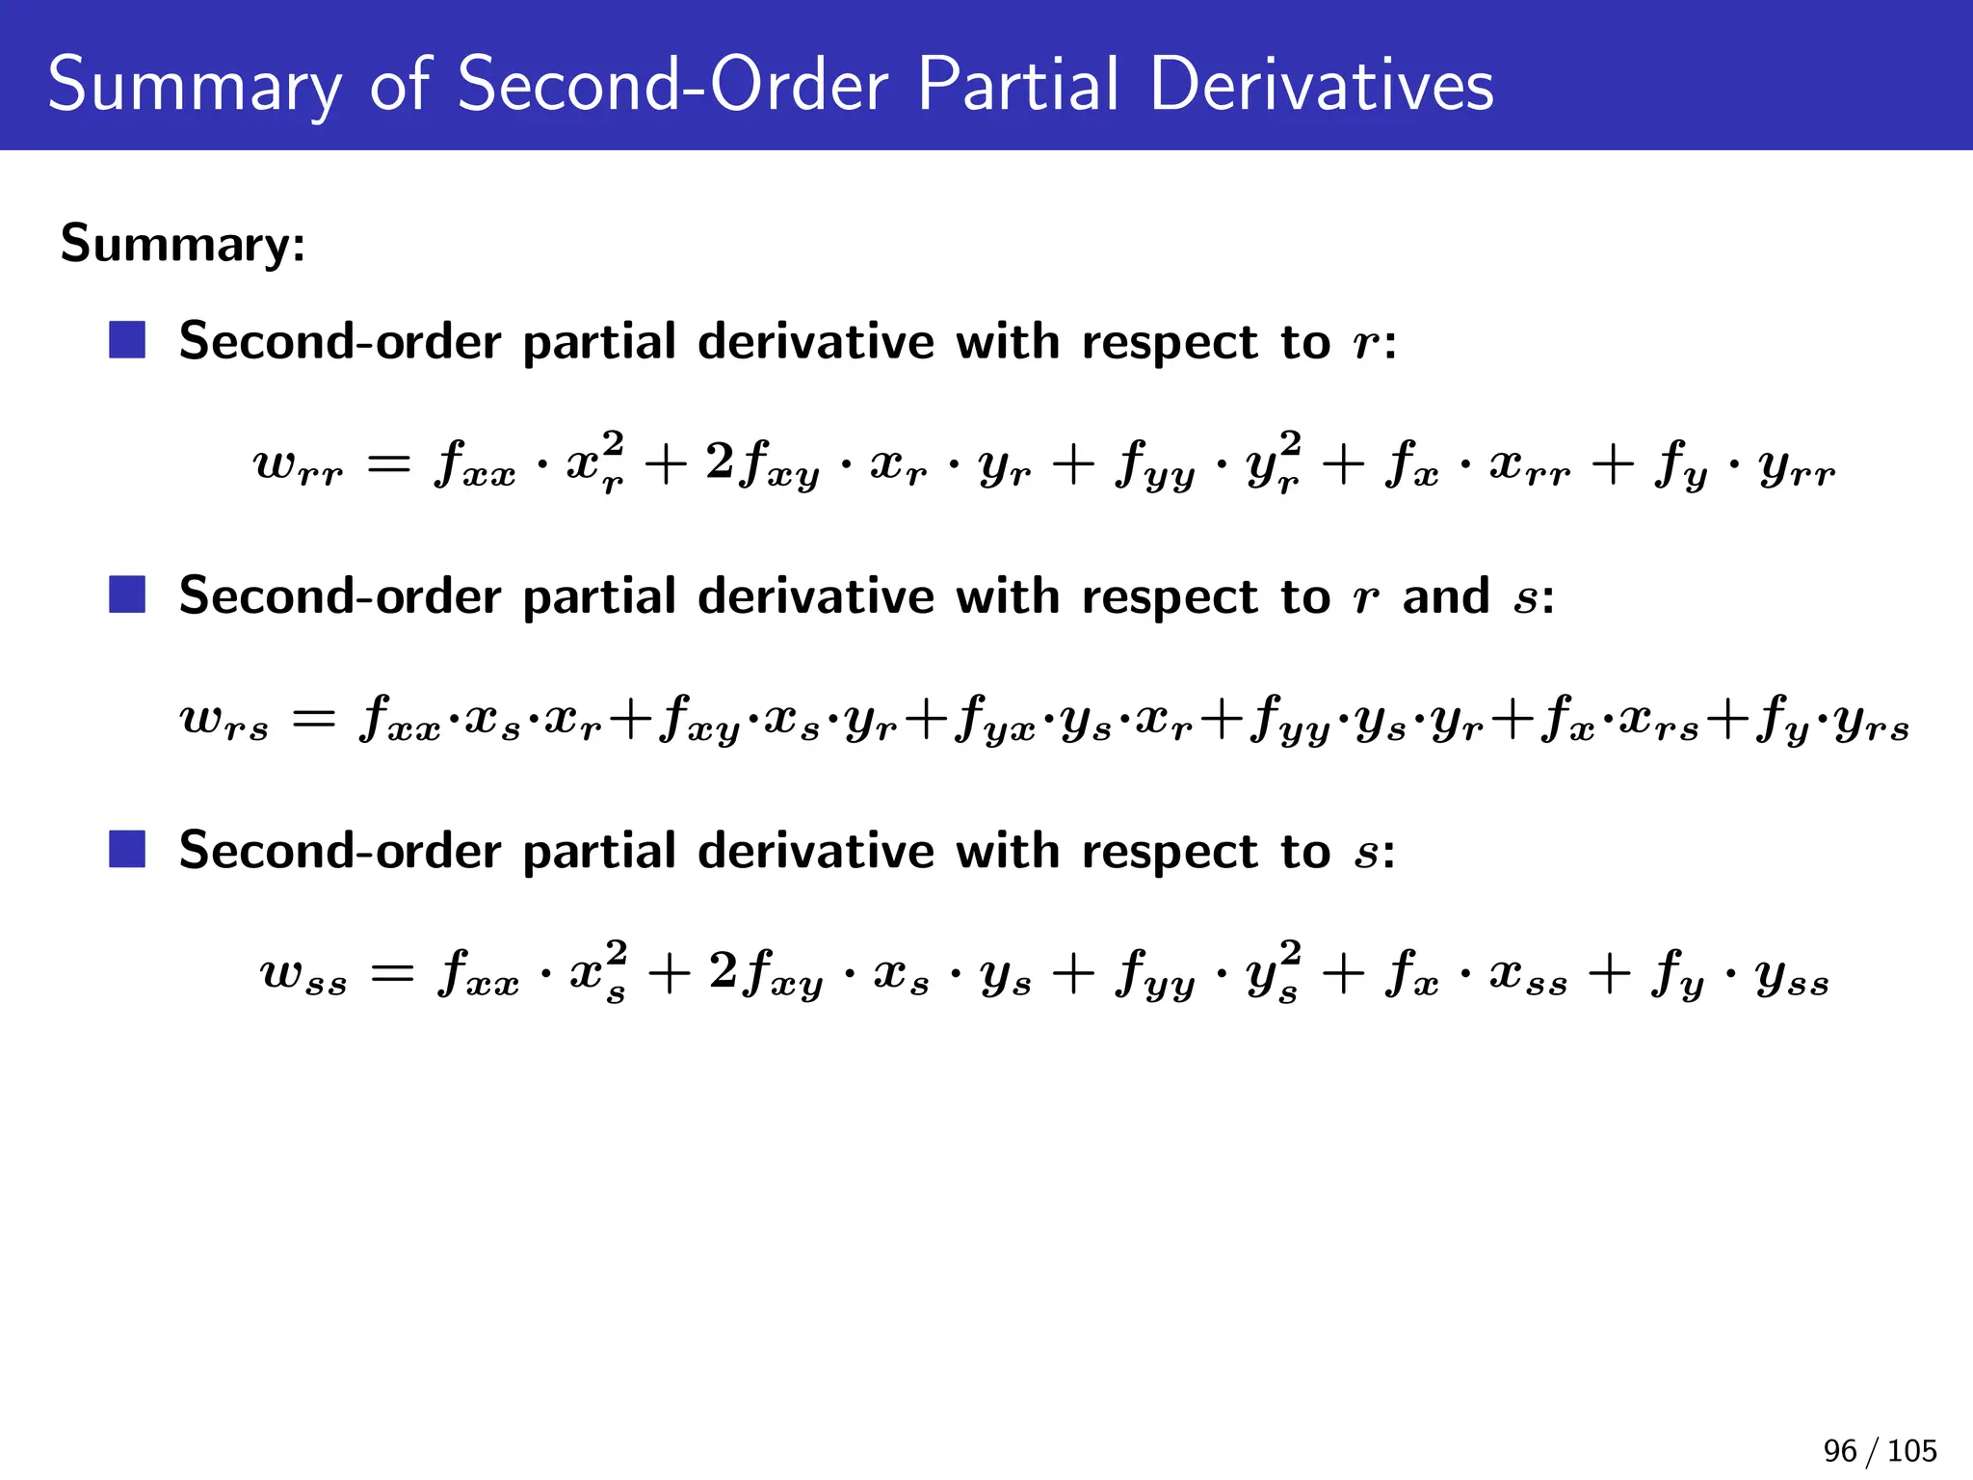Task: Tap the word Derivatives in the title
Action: click(x=1321, y=85)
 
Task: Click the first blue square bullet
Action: click(x=127, y=340)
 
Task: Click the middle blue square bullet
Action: click(x=127, y=595)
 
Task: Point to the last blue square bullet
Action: click(x=127, y=849)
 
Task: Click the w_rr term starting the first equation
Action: click(x=298, y=465)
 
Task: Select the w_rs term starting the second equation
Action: click(x=224, y=720)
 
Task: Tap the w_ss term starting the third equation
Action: click(x=303, y=974)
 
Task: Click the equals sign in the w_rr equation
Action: click(x=389, y=466)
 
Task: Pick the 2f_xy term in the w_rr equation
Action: click(x=762, y=465)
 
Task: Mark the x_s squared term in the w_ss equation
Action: click(x=598, y=971)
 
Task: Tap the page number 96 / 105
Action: click(x=1880, y=1450)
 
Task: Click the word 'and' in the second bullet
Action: click(x=1446, y=596)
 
